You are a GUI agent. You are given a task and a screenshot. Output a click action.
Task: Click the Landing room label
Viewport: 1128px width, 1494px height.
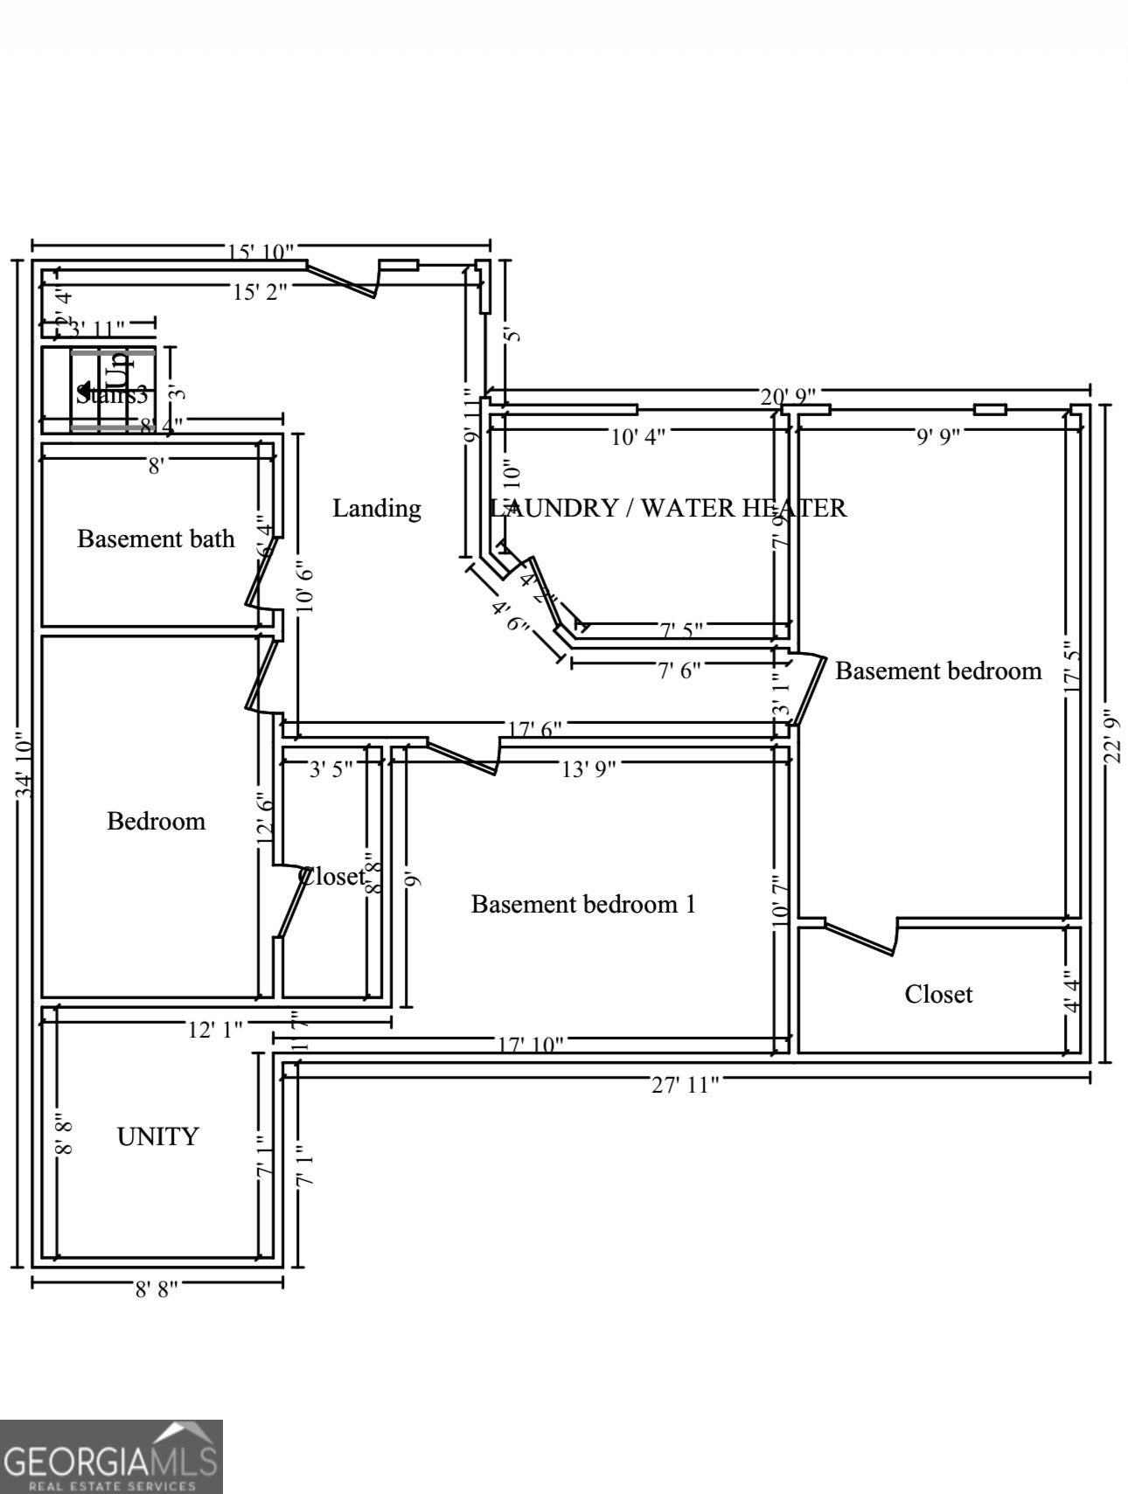point(376,508)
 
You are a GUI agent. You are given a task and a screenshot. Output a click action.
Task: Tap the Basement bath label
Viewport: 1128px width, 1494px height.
point(156,539)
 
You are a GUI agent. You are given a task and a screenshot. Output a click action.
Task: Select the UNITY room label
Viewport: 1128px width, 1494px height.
point(157,1136)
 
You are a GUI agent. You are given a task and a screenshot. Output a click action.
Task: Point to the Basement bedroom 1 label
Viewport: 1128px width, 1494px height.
point(583,904)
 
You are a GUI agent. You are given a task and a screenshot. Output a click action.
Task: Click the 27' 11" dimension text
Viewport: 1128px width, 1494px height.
point(686,1085)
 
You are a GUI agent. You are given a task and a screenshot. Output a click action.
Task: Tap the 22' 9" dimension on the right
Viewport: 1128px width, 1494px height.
point(1112,735)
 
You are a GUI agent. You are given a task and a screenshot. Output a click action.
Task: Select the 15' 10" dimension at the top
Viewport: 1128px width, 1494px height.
point(261,253)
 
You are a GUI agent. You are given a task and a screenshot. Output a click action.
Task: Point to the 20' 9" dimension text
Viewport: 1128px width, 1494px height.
point(788,397)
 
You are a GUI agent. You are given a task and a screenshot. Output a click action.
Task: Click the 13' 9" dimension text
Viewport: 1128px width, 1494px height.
point(588,769)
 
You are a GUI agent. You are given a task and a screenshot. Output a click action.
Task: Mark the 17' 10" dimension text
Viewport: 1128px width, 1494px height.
point(531,1044)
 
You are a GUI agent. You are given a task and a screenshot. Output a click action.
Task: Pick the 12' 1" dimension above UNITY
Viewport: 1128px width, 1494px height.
point(215,1030)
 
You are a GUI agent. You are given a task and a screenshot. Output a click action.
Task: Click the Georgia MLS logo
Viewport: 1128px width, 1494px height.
point(111,1456)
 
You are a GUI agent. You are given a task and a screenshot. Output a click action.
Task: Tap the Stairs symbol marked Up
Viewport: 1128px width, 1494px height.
point(112,389)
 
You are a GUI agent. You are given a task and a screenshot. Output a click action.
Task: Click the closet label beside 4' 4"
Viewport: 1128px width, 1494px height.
point(938,994)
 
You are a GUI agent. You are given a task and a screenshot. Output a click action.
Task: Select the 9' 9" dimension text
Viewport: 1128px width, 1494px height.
point(938,436)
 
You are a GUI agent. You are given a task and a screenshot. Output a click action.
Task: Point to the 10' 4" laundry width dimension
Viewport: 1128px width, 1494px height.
point(637,436)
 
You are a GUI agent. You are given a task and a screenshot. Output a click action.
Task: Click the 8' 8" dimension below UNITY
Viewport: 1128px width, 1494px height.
point(157,1289)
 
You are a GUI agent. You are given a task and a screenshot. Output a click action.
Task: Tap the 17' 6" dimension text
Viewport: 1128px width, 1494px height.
point(534,728)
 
